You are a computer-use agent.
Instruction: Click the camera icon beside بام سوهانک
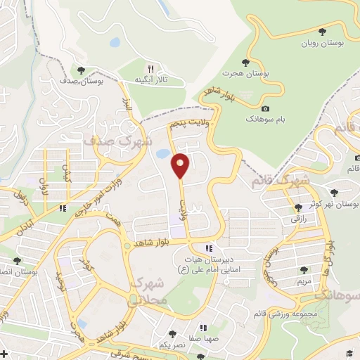(x=265, y=108)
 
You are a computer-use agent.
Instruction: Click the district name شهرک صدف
(x=108, y=138)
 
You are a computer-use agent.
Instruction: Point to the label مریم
(x=304, y=281)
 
